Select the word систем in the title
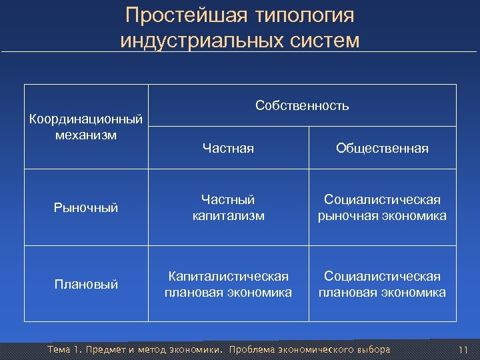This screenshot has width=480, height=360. [x=324, y=41]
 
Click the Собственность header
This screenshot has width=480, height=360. [x=302, y=105]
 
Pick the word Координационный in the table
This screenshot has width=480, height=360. [x=87, y=119]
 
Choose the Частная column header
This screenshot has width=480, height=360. [x=228, y=148]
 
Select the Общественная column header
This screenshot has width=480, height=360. [x=382, y=148]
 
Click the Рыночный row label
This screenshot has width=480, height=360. [x=87, y=207]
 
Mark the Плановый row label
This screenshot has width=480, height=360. [x=87, y=285]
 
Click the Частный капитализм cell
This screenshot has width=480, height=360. [x=228, y=207]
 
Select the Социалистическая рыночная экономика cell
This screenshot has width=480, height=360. [x=382, y=207]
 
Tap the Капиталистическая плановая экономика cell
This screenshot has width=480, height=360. [x=228, y=284]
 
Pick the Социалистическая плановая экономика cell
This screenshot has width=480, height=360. [x=382, y=284]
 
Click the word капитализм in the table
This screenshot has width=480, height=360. [x=228, y=215]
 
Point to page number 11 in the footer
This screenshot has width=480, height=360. [x=464, y=350]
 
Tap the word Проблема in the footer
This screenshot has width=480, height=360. [x=251, y=350]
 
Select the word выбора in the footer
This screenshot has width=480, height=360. [x=373, y=350]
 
